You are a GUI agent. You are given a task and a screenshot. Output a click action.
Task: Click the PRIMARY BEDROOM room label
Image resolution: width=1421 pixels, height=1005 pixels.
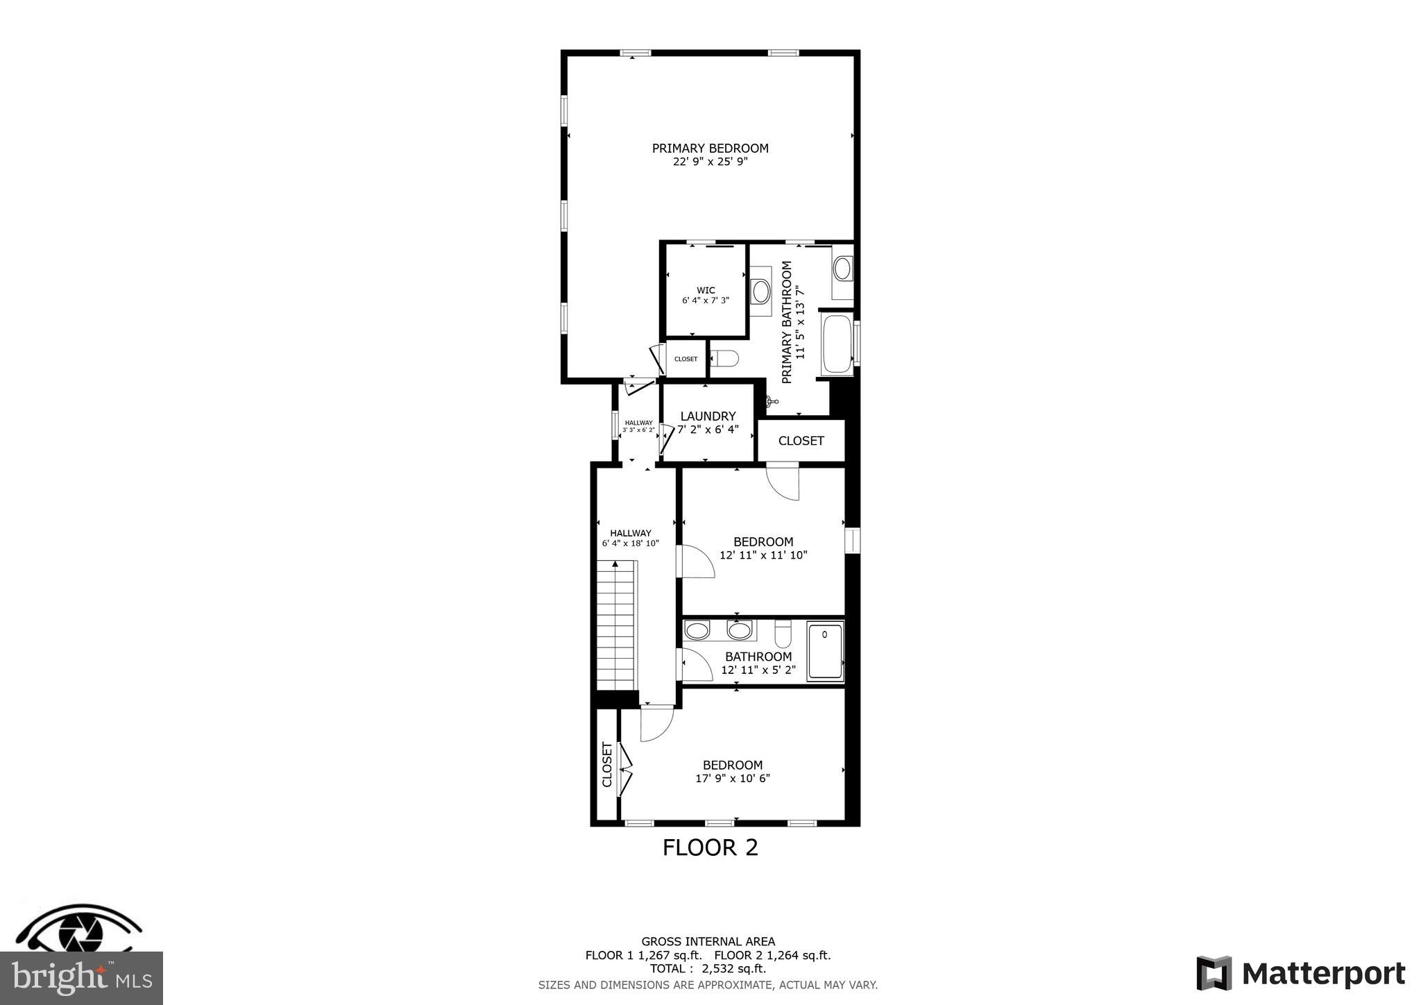click(x=710, y=149)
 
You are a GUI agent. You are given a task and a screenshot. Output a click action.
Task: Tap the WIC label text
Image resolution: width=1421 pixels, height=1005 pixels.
click(x=706, y=291)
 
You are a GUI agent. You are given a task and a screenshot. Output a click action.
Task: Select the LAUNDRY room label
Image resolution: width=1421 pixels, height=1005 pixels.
click(x=708, y=416)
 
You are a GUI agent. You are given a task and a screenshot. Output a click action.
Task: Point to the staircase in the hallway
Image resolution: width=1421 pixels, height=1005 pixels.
click(x=616, y=625)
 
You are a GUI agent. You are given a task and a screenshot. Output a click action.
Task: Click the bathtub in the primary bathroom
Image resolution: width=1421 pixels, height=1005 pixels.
click(x=836, y=345)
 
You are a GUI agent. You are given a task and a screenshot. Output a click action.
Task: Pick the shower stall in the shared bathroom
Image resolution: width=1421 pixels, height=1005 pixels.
click(x=825, y=651)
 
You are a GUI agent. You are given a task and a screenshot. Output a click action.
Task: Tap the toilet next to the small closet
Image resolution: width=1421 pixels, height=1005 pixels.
click(x=725, y=359)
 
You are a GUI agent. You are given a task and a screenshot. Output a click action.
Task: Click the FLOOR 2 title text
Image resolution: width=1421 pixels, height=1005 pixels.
click(x=710, y=847)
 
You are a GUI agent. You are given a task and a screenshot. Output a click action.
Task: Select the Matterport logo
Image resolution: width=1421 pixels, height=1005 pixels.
click(x=1300, y=974)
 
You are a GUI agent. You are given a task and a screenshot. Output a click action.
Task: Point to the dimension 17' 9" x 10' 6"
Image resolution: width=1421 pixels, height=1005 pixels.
click(x=733, y=779)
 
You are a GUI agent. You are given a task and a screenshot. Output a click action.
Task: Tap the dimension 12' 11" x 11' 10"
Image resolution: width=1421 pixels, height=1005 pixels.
click(x=763, y=555)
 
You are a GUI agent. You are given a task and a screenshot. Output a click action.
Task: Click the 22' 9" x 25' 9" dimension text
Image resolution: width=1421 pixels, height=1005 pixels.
click(x=710, y=162)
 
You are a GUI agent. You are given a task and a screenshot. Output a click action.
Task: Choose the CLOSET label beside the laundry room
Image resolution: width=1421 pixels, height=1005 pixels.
click(x=801, y=441)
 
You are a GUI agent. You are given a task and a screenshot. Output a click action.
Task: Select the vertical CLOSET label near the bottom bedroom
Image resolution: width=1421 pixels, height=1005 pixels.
click(x=607, y=765)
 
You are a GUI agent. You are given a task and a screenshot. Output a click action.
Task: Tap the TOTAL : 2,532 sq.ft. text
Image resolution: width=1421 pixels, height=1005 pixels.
click(x=708, y=969)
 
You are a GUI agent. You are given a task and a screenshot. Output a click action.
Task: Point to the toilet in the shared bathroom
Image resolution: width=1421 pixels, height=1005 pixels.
click(x=783, y=632)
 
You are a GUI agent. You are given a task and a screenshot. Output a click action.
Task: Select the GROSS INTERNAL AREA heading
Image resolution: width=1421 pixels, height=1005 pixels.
click(x=708, y=942)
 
